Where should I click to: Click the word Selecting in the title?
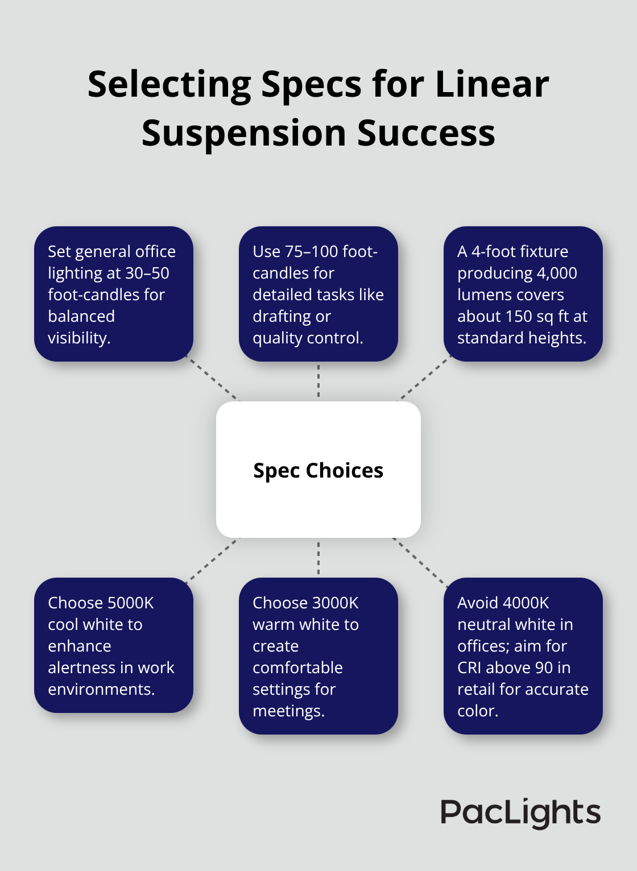tap(169, 85)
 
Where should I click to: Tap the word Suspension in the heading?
tap(244, 134)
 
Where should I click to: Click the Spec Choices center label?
tap(318, 470)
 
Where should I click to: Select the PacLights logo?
tap(520, 812)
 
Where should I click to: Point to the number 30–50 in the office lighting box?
tap(147, 273)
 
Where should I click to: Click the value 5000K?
tap(130, 603)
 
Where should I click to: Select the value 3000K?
tap(335, 603)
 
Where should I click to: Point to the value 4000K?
tap(527, 603)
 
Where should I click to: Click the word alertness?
tap(82, 667)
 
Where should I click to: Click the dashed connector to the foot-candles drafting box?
tap(318, 381)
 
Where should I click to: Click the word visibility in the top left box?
tap(78, 338)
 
